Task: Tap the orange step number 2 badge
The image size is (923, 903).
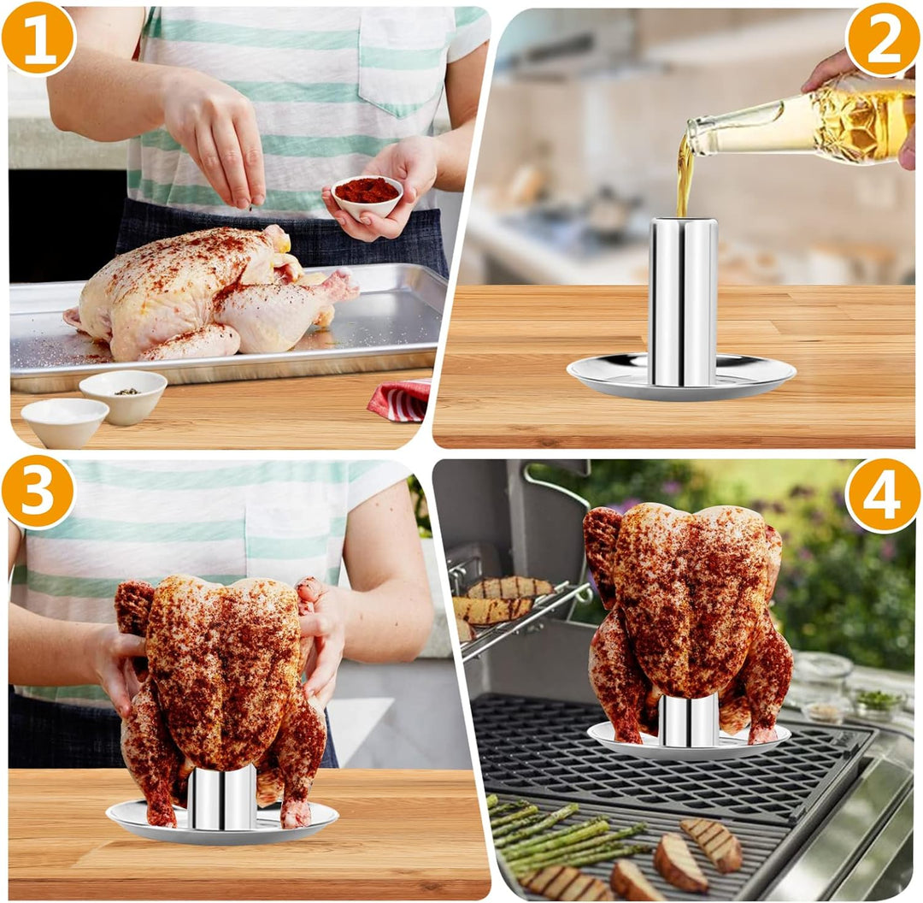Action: [882, 38]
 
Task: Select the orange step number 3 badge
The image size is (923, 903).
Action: [38, 492]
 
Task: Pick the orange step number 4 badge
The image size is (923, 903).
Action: [882, 495]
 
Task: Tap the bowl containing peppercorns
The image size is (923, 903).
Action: [123, 395]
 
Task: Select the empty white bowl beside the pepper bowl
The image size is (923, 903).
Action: [64, 422]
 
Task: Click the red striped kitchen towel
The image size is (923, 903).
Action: [400, 400]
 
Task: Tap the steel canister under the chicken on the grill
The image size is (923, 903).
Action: [688, 720]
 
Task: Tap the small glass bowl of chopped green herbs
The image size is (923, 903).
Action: [879, 703]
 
